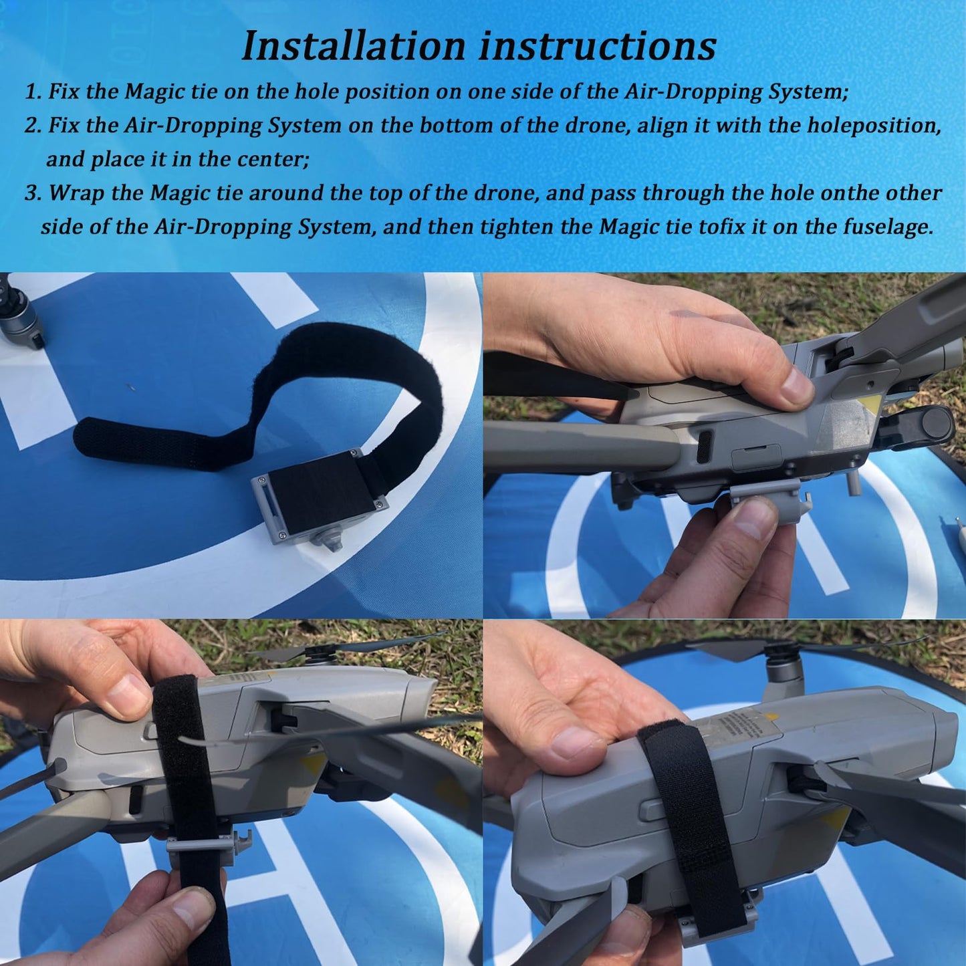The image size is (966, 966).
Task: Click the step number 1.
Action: pos(32,92)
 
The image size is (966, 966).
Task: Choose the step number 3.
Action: pos(32,193)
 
